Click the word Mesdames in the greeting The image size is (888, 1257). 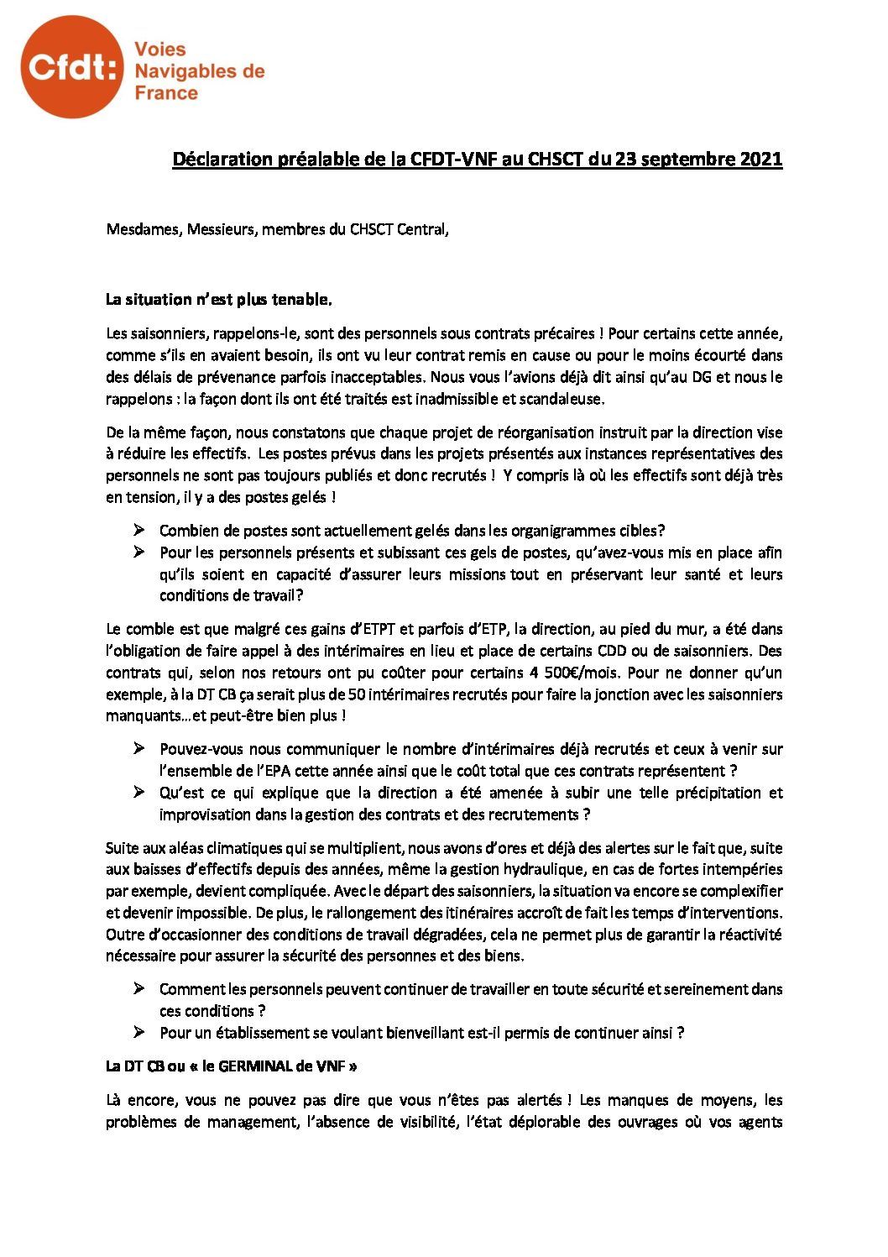click(x=139, y=229)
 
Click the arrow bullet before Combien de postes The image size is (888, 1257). click(x=138, y=531)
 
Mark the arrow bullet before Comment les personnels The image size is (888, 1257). click(x=138, y=989)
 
